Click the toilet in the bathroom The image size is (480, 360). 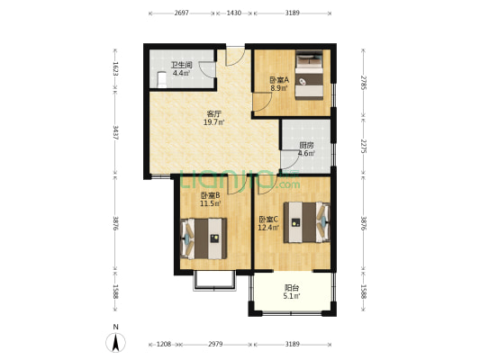161,80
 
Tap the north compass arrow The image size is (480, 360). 115,343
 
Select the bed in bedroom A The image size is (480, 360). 309,76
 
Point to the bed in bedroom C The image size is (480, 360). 307,222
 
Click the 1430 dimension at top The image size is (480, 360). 234,13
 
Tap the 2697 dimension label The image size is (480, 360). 182,13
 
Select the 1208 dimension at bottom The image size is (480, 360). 164,345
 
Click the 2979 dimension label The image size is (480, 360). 215,345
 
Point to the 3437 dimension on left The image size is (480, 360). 115,132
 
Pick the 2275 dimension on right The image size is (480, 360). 363,147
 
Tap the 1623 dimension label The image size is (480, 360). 115,69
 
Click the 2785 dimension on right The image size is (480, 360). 363,83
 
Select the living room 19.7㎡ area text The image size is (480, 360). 214,122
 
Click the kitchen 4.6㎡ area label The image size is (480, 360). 307,154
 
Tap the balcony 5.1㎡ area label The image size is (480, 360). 292,296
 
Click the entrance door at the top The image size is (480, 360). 235,56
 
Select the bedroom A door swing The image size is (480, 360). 263,103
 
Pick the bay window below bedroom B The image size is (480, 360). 214,280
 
